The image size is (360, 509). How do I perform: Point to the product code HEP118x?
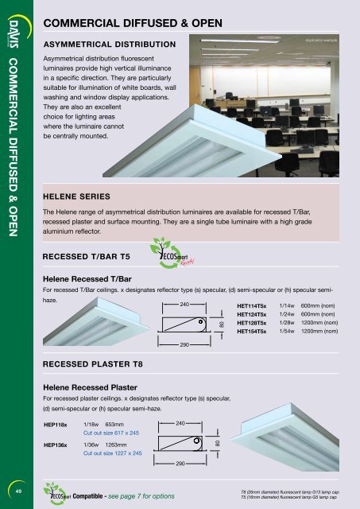pyautogui.click(x=56, y=425)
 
